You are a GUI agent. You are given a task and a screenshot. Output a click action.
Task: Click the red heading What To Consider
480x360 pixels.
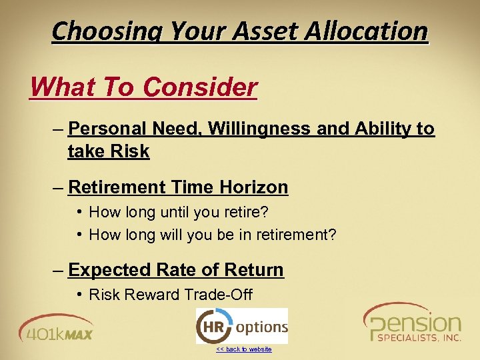pyautogui.click(x=143, y=87)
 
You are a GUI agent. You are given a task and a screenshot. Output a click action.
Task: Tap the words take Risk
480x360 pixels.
pyautogui.click(x=109, y=151)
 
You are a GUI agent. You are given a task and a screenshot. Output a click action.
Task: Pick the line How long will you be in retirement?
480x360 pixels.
pyautogui.click(x=212, y=234)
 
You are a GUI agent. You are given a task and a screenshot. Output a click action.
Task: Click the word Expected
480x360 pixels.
pyautogui.click(x=109, y=270)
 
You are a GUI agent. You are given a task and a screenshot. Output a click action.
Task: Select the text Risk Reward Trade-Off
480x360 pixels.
pyautogui.click(x=170, y=295)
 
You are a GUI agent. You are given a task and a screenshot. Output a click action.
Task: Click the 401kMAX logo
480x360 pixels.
pyautogui.click(x=56, y=327)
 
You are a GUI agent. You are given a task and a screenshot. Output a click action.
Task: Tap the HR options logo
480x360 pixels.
pyautogui.click(x=241, y=326)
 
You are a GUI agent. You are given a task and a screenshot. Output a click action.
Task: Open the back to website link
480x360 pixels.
pyautogui.click(x=243, y=349)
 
